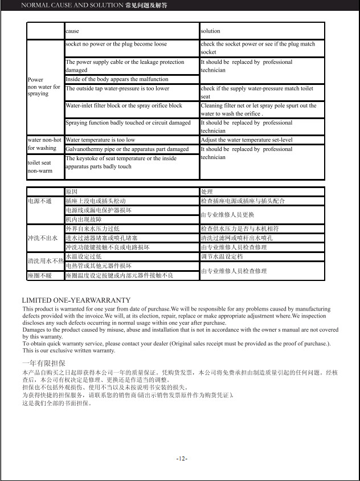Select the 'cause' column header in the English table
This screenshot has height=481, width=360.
tap(72, 31)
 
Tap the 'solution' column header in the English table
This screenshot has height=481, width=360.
tap(210, 31)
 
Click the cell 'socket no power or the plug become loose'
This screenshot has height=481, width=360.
tap(116, 44)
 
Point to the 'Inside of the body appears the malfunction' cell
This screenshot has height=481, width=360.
tap(117, 79)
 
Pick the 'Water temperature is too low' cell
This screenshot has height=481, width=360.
tap(100, 140)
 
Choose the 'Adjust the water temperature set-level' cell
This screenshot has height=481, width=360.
tap(247, 140)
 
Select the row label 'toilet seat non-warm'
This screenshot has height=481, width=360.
tap(40, 166)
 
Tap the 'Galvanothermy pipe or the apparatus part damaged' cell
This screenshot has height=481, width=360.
tap(127, 149)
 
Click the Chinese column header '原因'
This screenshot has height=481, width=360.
tap(71, 192)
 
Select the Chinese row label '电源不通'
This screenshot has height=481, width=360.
tap(40, 201)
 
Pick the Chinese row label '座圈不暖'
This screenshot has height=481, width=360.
tap(40, 275)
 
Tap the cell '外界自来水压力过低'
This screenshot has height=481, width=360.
tap(92, 229)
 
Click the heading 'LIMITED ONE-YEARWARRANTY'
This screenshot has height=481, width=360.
tap(76, 300)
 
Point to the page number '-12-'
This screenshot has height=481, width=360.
tap(182, 459)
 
